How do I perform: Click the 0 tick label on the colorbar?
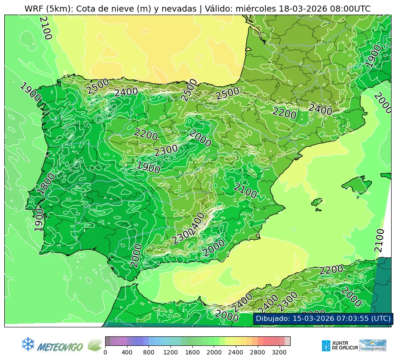click(105, 353)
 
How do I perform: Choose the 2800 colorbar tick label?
click(256, 353)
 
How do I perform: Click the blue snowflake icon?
click(28, 344)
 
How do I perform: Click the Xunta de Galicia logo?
click(339, 345)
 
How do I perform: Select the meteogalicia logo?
click(373, 345)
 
